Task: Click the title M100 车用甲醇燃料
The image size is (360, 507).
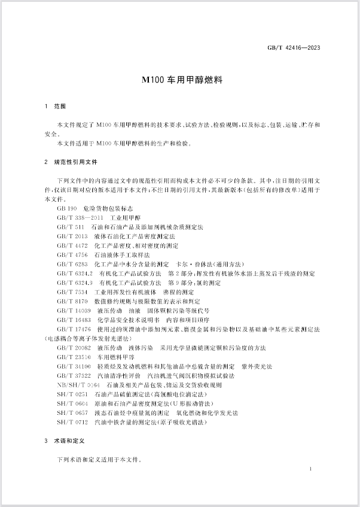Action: (x=180, y=78)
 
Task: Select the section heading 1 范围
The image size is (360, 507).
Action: (x=56, y=107)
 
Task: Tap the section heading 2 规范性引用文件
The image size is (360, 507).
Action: (x=71, y=162)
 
